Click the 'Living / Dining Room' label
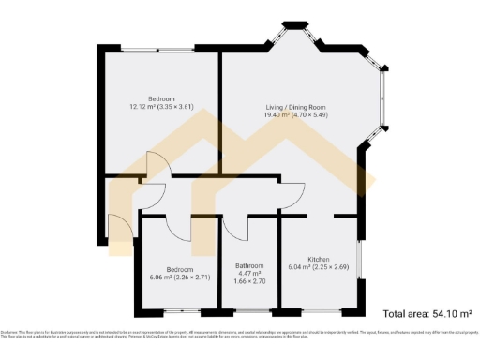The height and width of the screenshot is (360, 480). coord(294,108)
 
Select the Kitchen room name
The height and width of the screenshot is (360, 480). coord(318,258)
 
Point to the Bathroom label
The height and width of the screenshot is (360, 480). coord(248,265)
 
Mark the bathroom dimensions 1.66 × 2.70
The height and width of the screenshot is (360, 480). coord(248,281)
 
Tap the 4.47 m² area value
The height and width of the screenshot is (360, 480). coord(248,274)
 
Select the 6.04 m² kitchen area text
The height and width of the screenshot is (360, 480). coord(300,266)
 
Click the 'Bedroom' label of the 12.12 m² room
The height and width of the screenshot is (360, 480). coord(161,99)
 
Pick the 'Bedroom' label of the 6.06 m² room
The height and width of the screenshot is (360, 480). coord(179,268)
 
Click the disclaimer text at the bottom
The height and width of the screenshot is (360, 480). coord(240,335)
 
